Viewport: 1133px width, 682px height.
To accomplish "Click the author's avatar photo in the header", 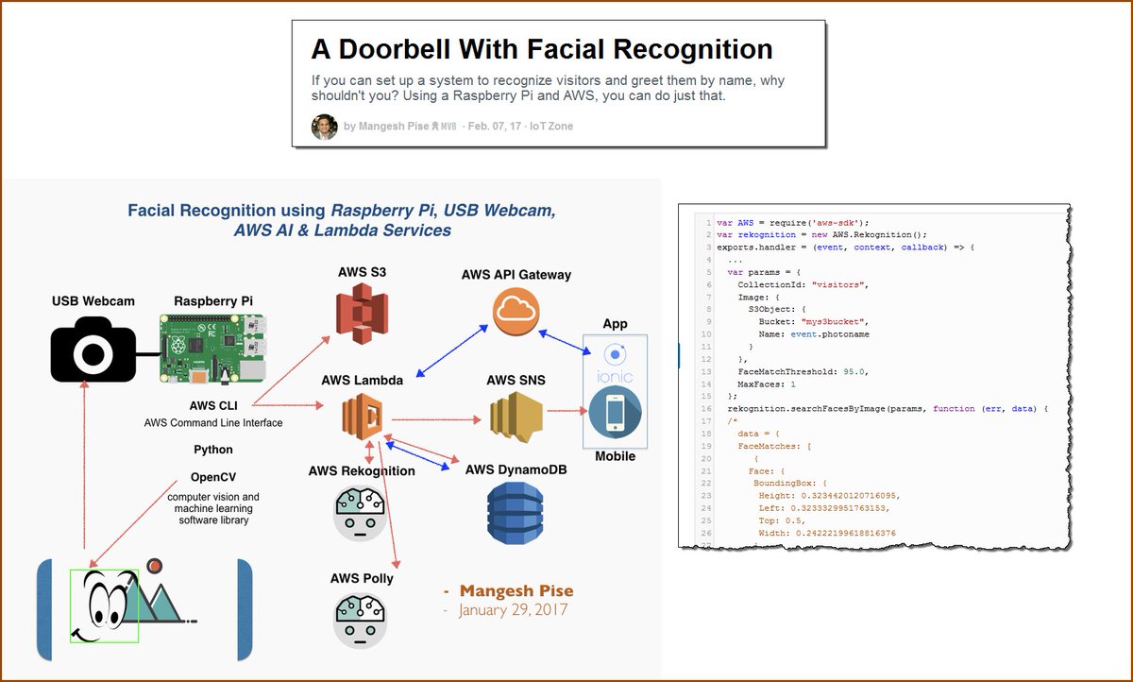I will click(325, 127).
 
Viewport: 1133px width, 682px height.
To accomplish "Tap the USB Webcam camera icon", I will click(93, 350).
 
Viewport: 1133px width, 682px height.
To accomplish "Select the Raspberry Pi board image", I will click(211, 349).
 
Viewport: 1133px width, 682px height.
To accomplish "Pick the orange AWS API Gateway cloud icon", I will click(516, 312).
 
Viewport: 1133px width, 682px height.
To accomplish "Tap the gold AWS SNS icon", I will click(516, 418).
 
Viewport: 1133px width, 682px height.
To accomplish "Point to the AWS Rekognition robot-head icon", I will click(361, 513).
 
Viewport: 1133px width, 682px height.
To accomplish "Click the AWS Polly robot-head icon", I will click(361, 621).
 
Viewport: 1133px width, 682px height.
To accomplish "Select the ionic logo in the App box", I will click(616, 364).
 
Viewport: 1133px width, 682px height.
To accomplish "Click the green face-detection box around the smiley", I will click(104, 605).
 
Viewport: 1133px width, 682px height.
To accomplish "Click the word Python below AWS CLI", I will click(213, 450).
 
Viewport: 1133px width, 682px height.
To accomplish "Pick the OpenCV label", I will click(213, 477).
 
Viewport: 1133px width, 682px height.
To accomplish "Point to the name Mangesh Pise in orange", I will click(516, 591).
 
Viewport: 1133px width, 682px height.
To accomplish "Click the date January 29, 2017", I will click(514, 610).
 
